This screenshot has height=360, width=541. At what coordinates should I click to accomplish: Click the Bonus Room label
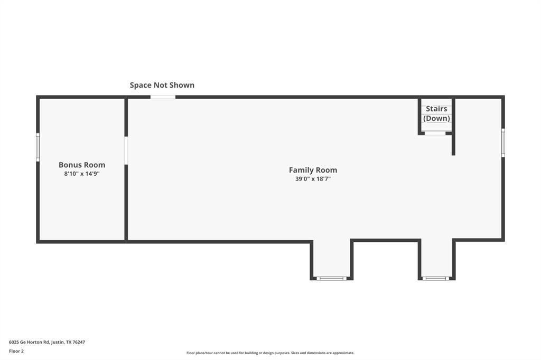[82, 165]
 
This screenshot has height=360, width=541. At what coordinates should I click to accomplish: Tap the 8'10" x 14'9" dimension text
[82, 173]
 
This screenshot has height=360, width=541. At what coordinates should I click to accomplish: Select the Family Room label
[313, 170]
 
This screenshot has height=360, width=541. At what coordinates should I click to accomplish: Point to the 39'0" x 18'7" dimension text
[313, 179]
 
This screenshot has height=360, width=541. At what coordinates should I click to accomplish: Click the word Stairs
[436, 109]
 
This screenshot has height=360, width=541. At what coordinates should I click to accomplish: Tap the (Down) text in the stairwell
[436, 118]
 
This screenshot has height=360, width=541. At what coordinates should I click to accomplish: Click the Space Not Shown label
[162, 85]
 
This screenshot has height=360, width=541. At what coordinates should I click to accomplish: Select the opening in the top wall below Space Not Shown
[163, 97]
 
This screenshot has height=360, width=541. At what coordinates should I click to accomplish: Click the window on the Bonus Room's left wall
[38, 147]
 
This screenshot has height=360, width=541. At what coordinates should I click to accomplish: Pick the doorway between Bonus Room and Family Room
[126, 150]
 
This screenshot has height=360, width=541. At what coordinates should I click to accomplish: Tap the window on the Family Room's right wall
[503, 143]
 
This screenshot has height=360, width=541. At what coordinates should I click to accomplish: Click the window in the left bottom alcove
[331, 278]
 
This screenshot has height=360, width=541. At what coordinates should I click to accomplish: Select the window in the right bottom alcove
[436, 278]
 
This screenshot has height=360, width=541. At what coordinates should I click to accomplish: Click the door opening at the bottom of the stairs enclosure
[435, 134]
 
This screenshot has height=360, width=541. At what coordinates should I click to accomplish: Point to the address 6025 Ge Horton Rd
[29, 342]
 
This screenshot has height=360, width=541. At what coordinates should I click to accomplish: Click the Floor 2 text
[16, 351]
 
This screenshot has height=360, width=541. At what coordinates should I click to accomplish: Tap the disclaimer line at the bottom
[270, 353]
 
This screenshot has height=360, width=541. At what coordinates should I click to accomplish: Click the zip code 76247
[79, 342]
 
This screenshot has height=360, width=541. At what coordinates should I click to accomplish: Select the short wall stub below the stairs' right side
[453, 145]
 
